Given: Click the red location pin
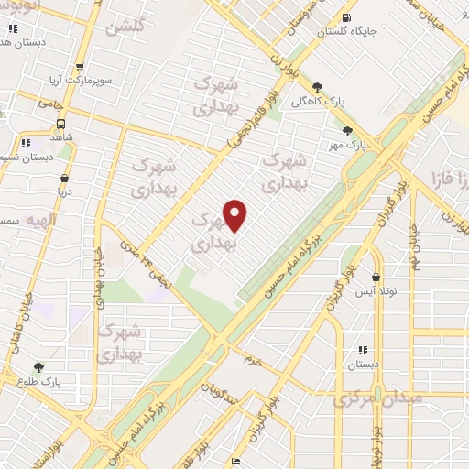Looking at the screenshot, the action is point(235,215).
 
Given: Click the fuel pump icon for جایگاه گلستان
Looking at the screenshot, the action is point(345,17).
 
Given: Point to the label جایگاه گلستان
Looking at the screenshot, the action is point(346,31).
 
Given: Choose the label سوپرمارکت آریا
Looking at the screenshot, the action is point(81,81).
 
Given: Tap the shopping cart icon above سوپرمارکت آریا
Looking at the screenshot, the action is point(81,67).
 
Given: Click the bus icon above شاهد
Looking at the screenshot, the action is point(60,124).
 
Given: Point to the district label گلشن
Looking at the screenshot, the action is point(125,27).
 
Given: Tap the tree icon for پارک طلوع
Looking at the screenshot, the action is point(38,367).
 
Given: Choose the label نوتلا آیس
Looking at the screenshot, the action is point(376,289).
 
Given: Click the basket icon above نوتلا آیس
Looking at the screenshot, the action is point(376,276).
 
